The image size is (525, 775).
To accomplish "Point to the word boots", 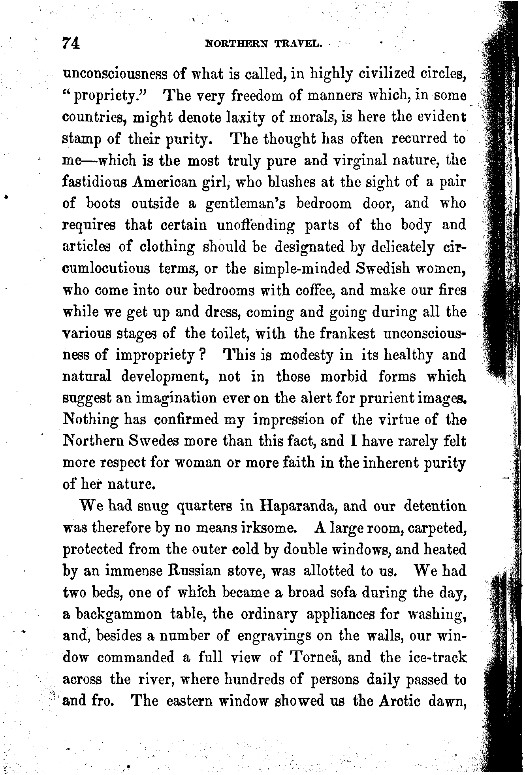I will point(103,203).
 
